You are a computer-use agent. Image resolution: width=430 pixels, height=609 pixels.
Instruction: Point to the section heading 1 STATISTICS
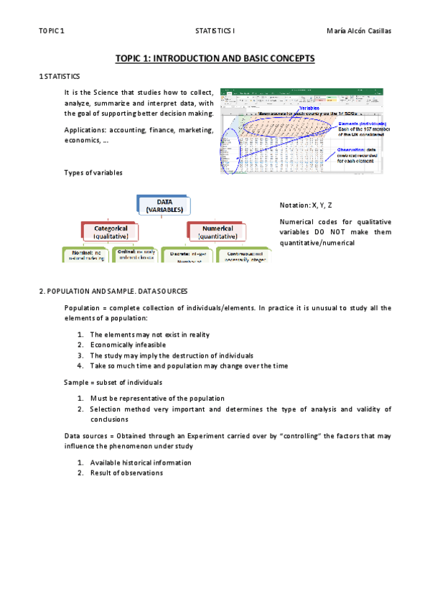(x=60, y=75)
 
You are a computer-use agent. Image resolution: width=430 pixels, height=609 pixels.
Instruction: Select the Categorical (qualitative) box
(x=111, y=231)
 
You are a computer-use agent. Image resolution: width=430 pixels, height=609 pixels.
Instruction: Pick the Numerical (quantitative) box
(x=216, y=231)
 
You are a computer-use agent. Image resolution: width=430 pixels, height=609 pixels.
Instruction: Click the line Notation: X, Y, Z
(x=305, y=205)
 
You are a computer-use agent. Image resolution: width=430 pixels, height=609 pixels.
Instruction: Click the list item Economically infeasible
(x=127, y=345)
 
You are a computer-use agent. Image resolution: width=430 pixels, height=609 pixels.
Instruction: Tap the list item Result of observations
(x=126, y=473)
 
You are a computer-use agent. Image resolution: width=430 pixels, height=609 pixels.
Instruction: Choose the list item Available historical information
(x=140, y=462)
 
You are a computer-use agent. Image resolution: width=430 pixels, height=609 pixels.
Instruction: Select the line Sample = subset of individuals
(x=113, y=382)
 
